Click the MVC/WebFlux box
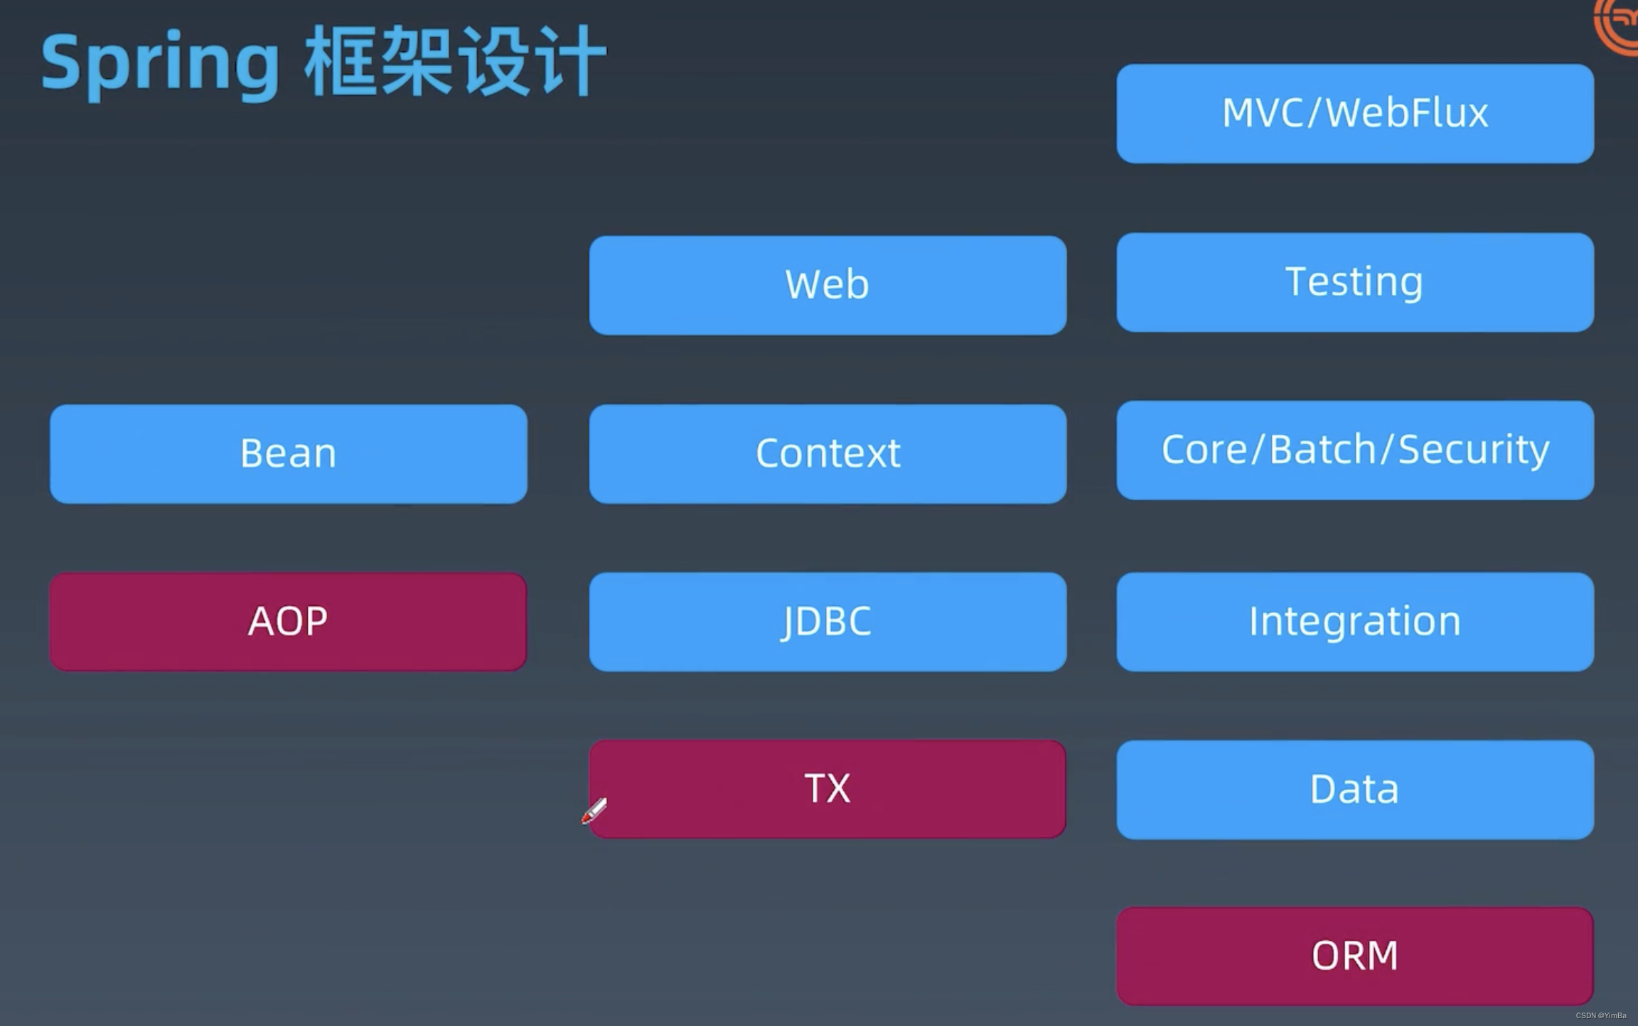click(1354, 114)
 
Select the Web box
click(827, 285)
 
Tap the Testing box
click(1354, 282)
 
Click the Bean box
click(288, 453)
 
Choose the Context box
click(827, 453)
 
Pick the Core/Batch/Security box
click(1354, 450)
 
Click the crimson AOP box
click(288, 622)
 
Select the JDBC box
click(827, 622)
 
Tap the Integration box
click(1354, 622)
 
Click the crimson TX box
click(827, 789)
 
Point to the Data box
click(1354, 789)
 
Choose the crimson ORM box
click(1354, 956)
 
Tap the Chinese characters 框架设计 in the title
click(455, 63)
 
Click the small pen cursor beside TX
click(594, 811)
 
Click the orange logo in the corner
click(1617, 25)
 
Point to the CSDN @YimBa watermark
click(1600, 1015)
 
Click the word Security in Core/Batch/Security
click(1473, 450)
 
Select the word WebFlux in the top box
click(1407, 113)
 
